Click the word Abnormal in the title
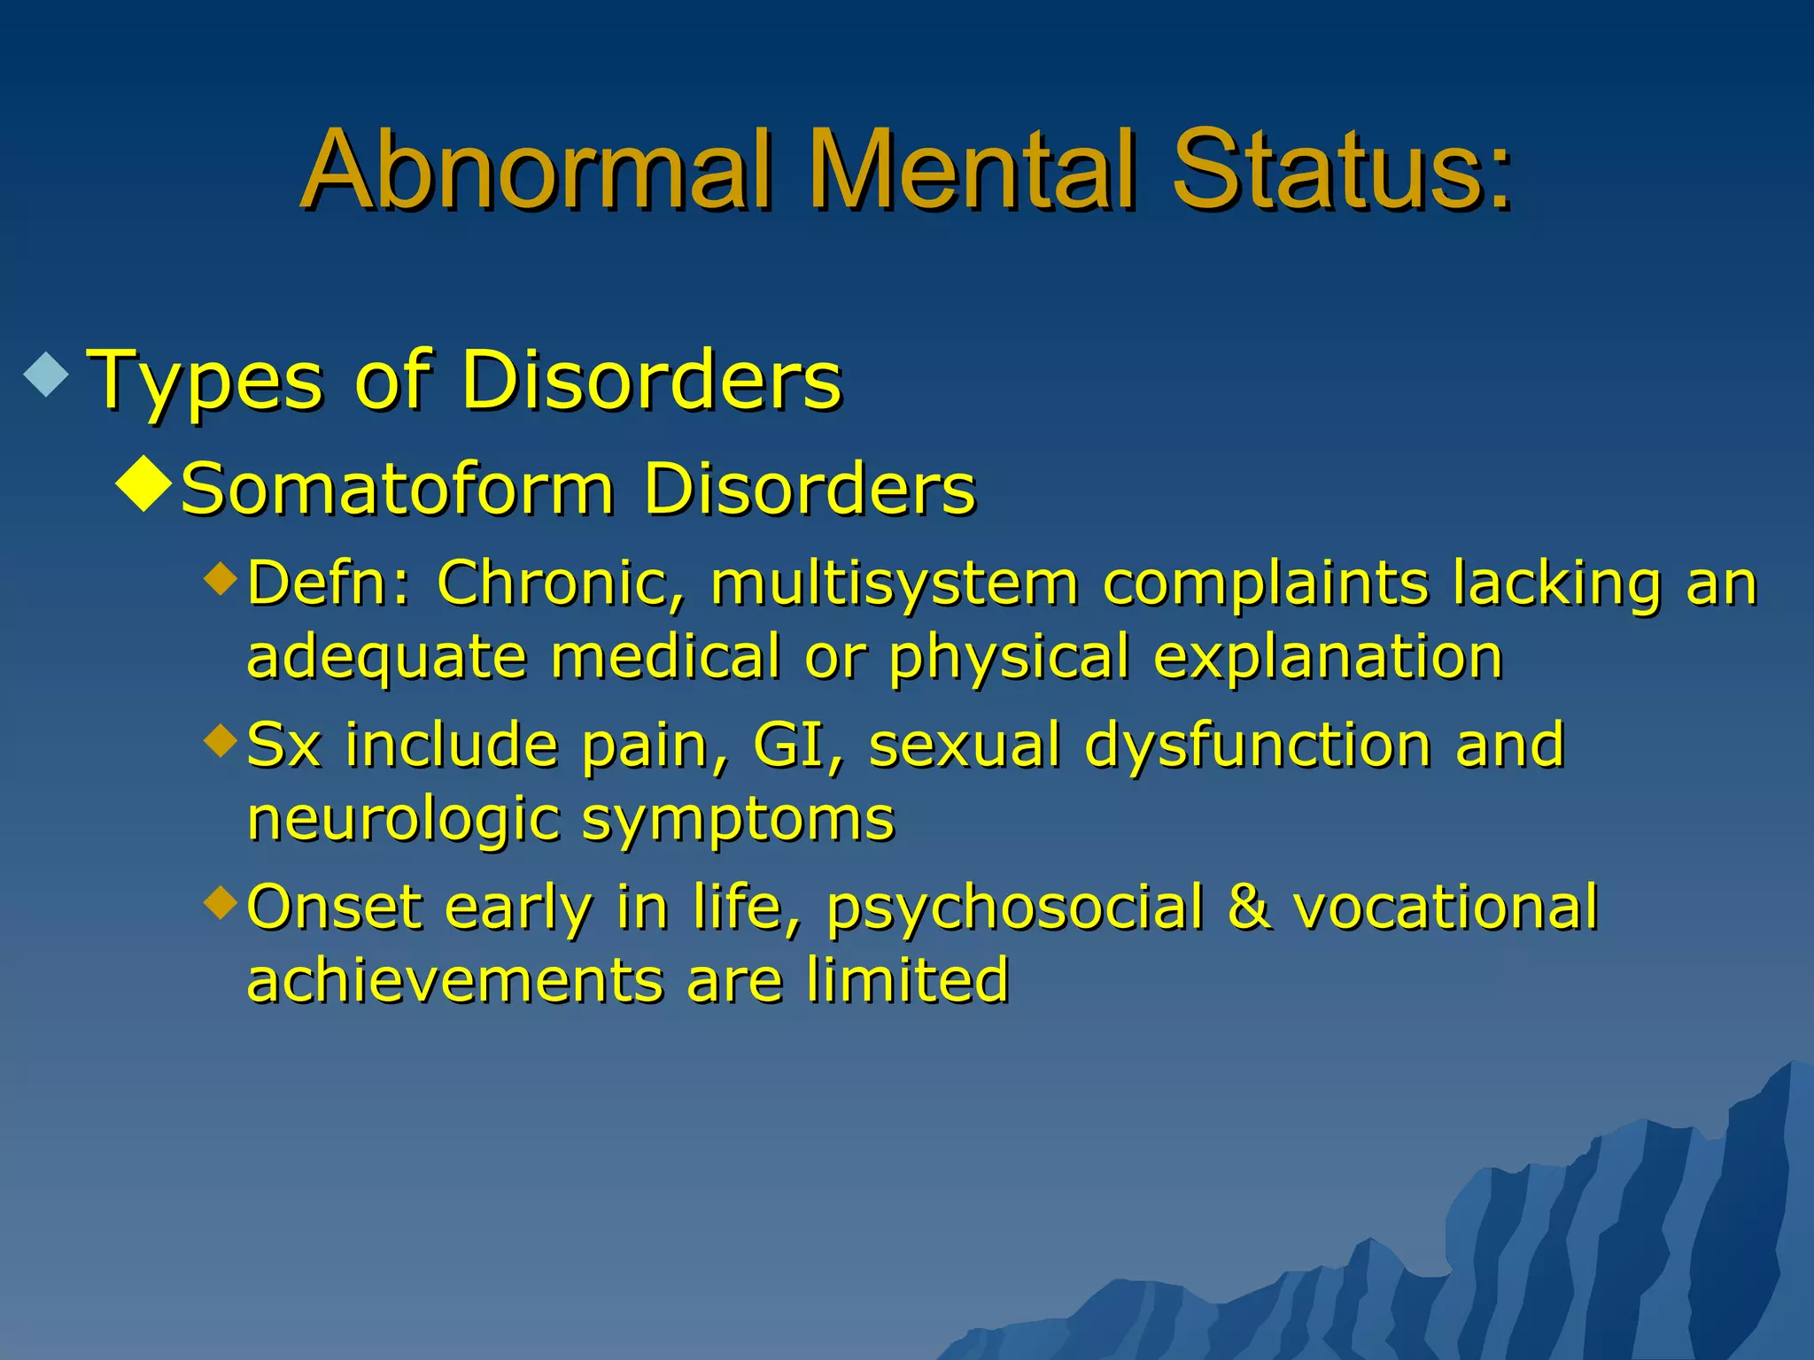538,170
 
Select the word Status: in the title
1341,170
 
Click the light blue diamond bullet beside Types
47,374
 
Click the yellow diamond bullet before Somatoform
143,485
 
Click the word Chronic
560,584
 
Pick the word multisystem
894,584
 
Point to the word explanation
1328,657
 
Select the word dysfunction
1258,746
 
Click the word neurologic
403,819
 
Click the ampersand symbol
1250,908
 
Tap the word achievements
454,981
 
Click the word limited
907,981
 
